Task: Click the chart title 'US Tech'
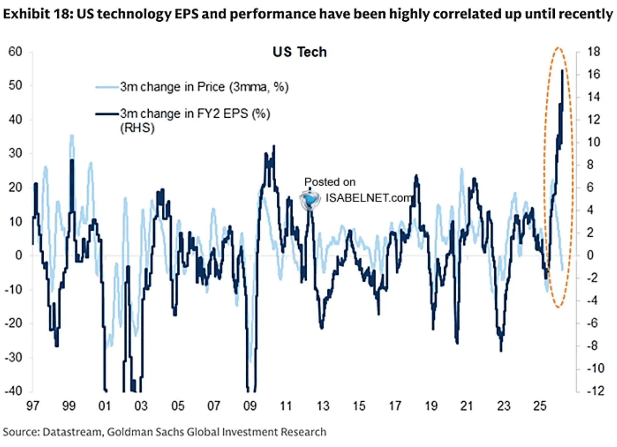(x=300, y=52)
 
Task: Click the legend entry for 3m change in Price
(x=204, y=87)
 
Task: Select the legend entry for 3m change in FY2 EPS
(x=195, y=114)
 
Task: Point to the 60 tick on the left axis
(x=15, y=52)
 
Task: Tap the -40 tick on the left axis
(x=13, y=390)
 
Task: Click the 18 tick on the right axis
(x=594, y=52)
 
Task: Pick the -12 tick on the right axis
(x=595, y=390)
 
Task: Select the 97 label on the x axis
(x=33, y=406)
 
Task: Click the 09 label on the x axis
(x=250, y=406)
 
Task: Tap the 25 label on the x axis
(x=539, y=406)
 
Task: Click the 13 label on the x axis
(x=322, y=406)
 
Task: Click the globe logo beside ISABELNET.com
(x=310, y=199)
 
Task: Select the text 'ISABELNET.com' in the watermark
(x=369, y=198)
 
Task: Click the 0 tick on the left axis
(x=19, y=255)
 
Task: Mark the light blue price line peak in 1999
(x=72, y=136)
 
